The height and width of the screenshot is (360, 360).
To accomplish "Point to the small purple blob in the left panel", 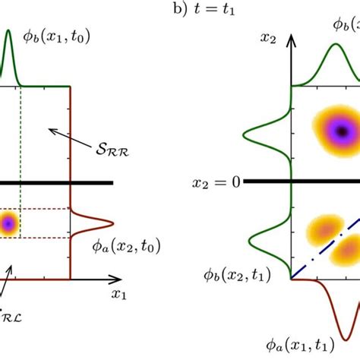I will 8,223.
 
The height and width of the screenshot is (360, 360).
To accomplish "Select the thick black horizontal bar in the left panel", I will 57,182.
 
